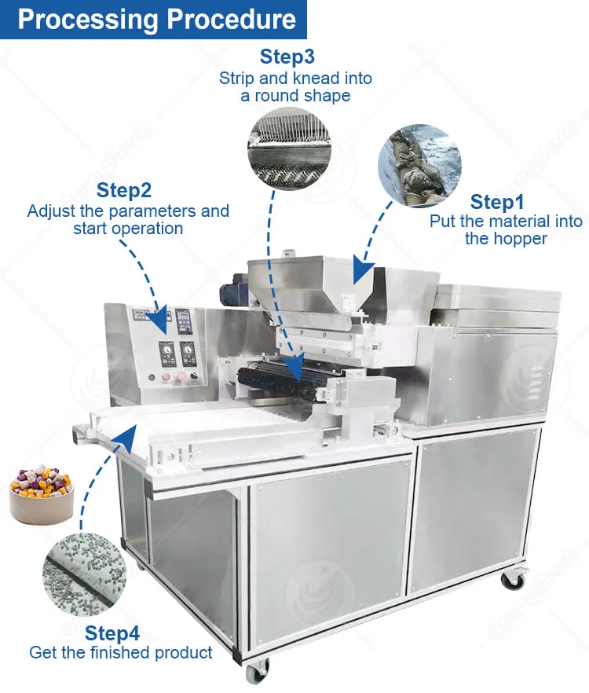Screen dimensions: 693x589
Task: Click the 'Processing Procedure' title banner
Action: (157, 20)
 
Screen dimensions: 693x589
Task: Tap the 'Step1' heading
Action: (502, 202)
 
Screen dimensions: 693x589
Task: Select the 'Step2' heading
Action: (124, 190)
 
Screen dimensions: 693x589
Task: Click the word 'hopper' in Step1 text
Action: (518, 238)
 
